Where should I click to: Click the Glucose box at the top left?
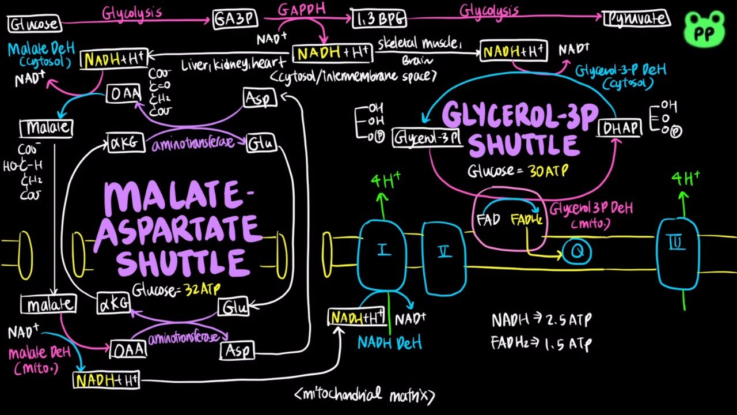(x=33, y=24)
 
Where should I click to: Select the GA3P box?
(x=235, y=19)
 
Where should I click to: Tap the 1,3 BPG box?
(x=378, y=19)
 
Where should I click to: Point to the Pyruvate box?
(x=637, y=19)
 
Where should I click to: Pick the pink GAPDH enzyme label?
(x=302, y=9)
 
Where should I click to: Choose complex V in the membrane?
(x=444, y=252)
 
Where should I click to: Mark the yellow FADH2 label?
(x=526, y=220)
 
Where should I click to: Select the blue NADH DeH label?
(x=389, y=343)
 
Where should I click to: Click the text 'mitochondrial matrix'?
(x=365, y=395)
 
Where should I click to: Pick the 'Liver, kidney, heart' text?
(x=233, y=63)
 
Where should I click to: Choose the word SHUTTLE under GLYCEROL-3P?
(x=522, y=144)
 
